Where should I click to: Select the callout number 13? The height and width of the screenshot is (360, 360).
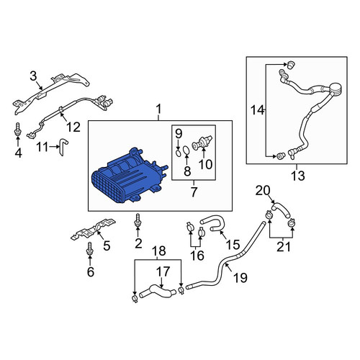pos(298,176)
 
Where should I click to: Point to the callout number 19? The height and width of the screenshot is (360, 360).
pos(240,278)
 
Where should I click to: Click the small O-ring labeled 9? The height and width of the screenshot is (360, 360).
pos(178,153)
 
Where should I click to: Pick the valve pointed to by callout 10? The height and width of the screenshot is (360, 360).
pos(202,143)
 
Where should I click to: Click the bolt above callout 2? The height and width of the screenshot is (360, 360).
pos(138,220)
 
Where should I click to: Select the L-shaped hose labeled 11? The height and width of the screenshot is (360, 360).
pos(63,146)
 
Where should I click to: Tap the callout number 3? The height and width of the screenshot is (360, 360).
pos(34,76)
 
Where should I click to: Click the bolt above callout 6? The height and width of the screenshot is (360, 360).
pos(89,249)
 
